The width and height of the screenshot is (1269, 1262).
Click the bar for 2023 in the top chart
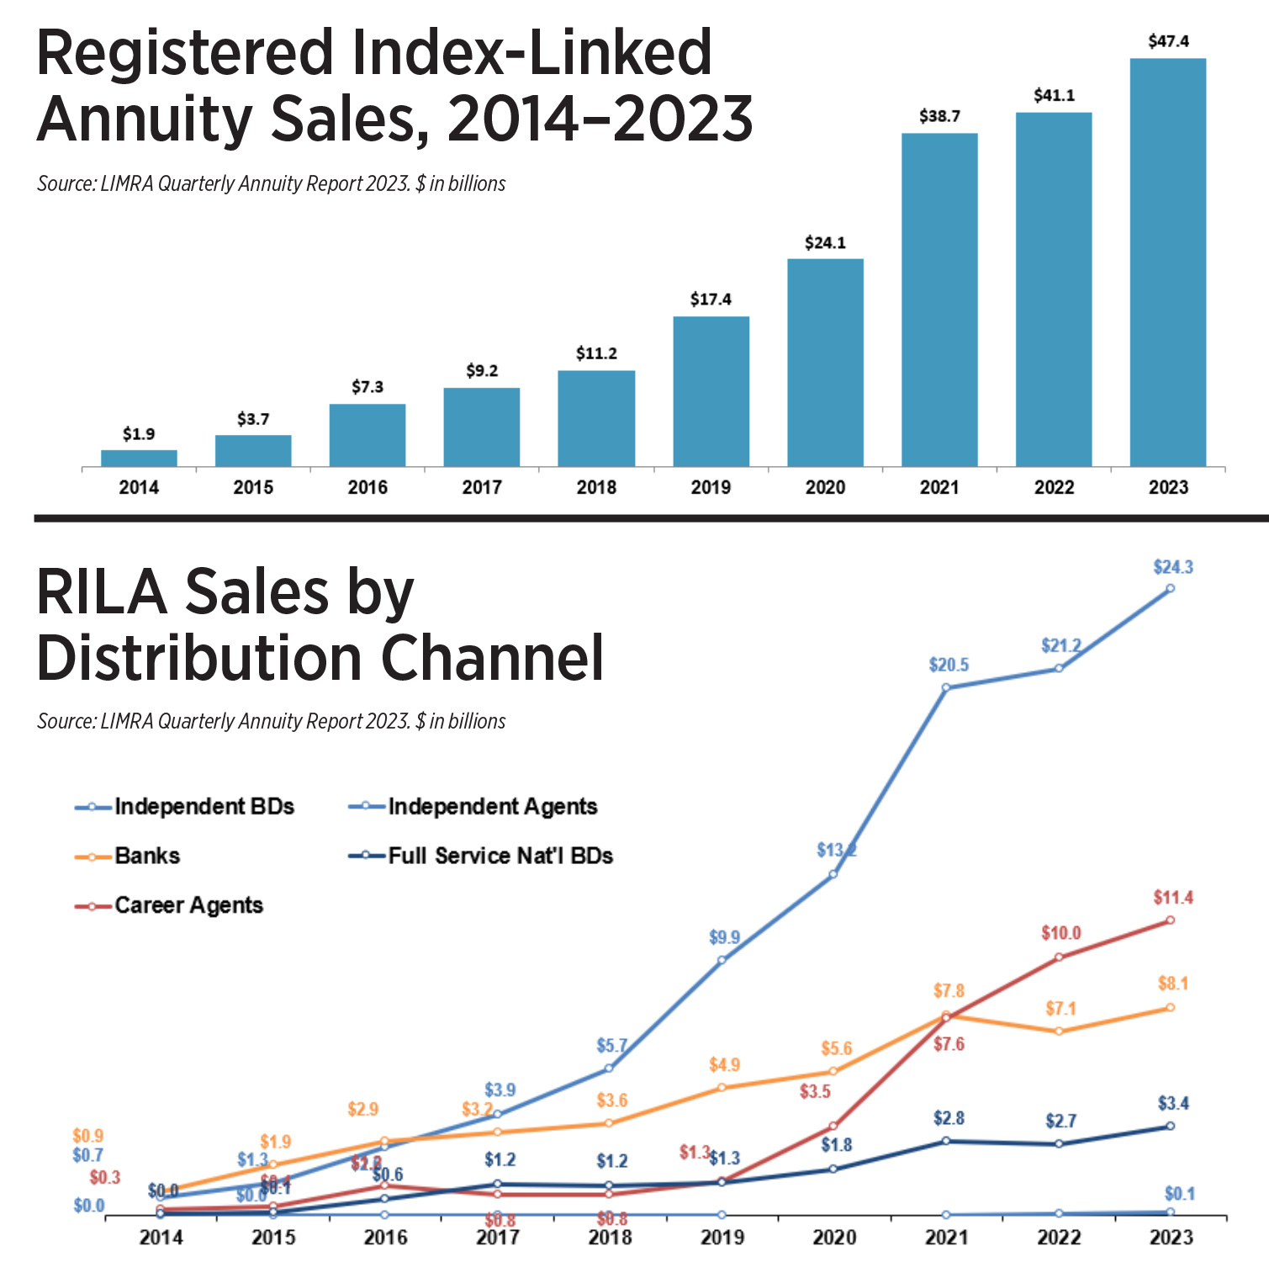click(x=1167, y=262)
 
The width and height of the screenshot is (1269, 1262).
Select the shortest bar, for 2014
click(x=139, y=458)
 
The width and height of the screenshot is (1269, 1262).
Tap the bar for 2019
click(x=711, y=391)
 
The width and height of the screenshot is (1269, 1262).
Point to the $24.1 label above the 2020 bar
click(x=825, y=243)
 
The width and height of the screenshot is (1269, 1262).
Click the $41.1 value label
click(x=1054, y=96)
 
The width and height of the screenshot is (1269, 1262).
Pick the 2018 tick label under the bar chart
click(x=596, y=487)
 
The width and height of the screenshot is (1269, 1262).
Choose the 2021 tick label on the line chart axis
click(x=946, y=1238)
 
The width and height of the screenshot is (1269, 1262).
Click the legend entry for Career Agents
click(x=188, y=905)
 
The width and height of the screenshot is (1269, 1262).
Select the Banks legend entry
click(x=147, y=856)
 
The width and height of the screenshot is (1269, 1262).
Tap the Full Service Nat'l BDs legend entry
click(x=500, y=856)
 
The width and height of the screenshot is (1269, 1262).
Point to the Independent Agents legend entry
click(x=492, y=806)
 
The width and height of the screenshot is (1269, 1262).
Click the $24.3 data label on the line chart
click(x=1172, y=567)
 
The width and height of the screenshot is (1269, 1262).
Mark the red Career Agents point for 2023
click(x=1170, y=920)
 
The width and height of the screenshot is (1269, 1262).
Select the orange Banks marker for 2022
click(x=1059, y=1031)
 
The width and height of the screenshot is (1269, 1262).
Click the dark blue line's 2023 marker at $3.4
click(x=1170, y=1126)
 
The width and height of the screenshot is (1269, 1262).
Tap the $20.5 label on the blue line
click(x=949, y=665)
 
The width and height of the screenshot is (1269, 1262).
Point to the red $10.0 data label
click(x=1060, y=933)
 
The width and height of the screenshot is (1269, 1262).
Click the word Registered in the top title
click(x=185, y=54)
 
